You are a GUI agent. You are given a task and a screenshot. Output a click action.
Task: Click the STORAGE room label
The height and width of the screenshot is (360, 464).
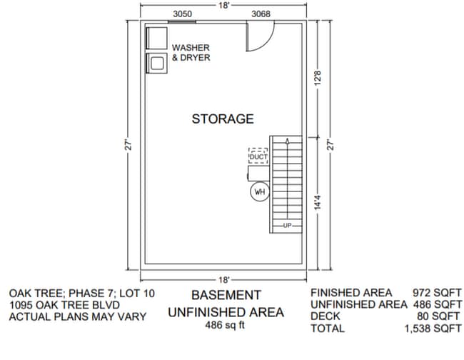coord(222,119)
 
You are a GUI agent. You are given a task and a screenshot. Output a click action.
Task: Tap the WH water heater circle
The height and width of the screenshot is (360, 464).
coord(258,191)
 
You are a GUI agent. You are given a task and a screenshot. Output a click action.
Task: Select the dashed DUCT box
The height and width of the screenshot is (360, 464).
coord(258,156)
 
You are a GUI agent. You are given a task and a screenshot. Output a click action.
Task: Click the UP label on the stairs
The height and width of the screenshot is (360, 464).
coord(288,226)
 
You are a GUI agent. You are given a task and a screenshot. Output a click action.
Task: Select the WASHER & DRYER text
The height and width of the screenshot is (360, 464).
coord(191,52)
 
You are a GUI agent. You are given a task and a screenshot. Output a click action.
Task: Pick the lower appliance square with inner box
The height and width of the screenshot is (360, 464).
coord(156,63)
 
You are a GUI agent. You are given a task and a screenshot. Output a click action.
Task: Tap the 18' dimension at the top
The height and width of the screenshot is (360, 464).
coord(223,5)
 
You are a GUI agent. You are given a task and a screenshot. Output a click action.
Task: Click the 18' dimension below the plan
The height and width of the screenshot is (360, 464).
coord(223,279)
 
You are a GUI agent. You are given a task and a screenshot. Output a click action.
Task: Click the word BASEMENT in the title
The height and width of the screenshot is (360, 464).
coord(226,295)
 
